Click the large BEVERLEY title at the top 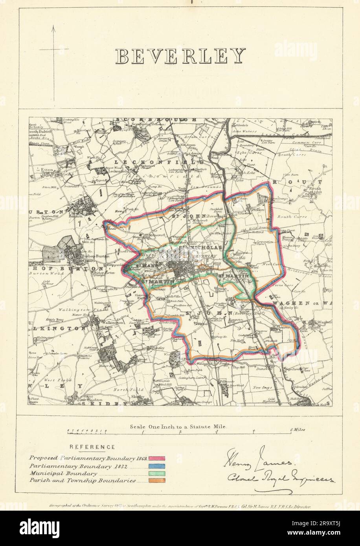[180, 56]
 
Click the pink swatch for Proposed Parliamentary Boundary [157, 458]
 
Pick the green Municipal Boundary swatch [157, 473]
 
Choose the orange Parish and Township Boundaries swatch [157, 480]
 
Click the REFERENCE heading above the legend [92, 447]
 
